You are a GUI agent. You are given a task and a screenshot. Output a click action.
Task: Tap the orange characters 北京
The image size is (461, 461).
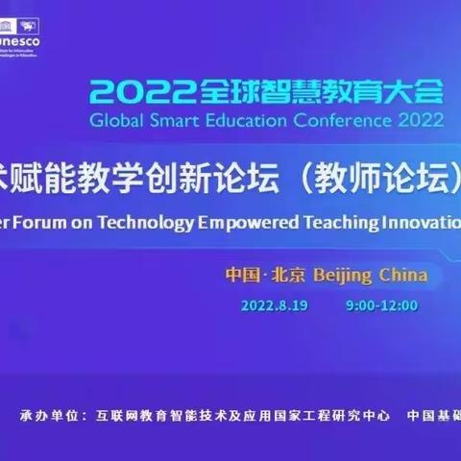click(x=289, y=275)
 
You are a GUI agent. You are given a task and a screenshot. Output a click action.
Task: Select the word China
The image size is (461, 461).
click(x=404, y=275)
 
